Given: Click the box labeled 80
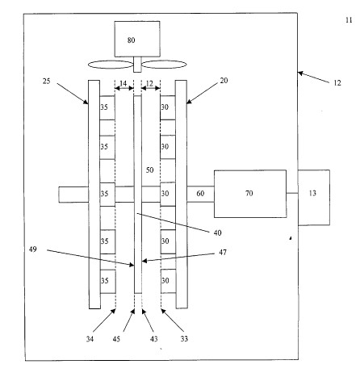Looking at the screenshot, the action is [137, 39].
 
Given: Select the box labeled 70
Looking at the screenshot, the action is [250, 194].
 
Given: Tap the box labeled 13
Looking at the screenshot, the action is [314, 197].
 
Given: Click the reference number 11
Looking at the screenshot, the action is [349, 20].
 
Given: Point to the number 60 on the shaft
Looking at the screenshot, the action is [200, 194].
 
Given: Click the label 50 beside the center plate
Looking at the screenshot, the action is [149, 170].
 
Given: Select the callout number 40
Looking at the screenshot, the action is [217, 232].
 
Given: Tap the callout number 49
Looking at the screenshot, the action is [33, 249].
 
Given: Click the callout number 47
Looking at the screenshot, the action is [223, 253].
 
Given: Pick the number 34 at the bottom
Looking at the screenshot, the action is [90, 339].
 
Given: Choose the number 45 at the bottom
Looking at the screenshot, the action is [116, 339].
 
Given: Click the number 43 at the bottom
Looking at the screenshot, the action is [153, 339].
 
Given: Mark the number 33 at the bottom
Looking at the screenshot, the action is [184, 339].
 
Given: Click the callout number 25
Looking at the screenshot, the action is [47, 81].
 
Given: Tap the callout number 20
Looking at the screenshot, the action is [224, 81].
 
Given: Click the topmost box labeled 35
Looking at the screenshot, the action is [107, 107].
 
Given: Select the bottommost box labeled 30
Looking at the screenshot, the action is [168, 281].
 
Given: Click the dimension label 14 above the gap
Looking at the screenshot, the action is [123, 84].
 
